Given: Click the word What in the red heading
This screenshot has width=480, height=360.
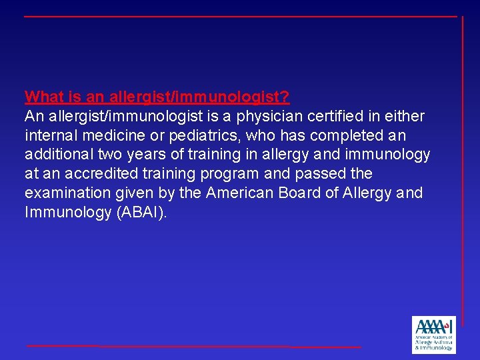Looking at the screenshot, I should tap(43, 97).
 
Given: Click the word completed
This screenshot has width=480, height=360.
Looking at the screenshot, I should tap(352, 135).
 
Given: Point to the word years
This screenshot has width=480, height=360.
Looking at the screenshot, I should tap(145, 155).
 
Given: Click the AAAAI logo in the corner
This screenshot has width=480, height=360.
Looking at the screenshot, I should tap(433, 334).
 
